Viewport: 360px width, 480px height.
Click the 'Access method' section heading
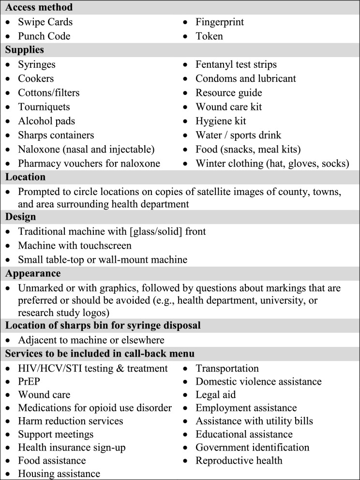pyautogui.click(x=39, y=8)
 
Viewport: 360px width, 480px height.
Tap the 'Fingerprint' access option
pyautogui.click(x=220, y=22)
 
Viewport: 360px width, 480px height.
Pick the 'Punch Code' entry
pyautogui.click(x=44, y=36)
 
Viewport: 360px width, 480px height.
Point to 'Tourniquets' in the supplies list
pyautogui.click(x=44, y=106)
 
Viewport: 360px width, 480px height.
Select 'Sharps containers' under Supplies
pyautogui.click(x=56, y=135)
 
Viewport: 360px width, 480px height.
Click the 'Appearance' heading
pyautogui.click(x=33, y=273)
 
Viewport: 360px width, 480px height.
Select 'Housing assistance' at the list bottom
pyautogui.click(x=59, y=473)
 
